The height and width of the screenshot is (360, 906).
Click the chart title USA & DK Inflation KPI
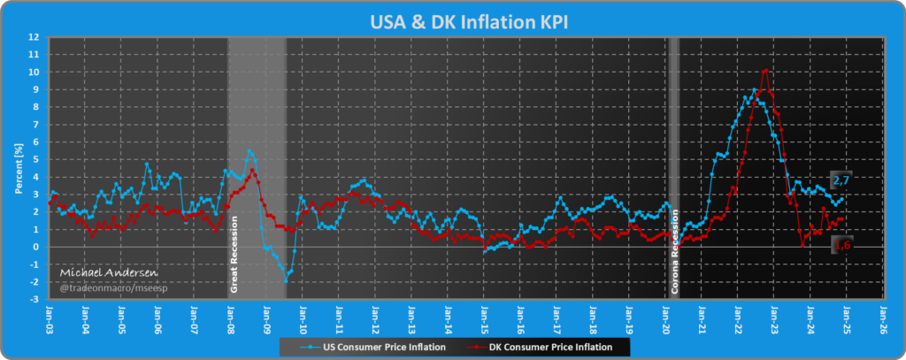[453, 19]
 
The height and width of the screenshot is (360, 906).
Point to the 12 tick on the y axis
[34, 37]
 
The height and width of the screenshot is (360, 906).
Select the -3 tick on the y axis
[34, 299]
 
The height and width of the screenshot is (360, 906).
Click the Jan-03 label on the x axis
[49, 317]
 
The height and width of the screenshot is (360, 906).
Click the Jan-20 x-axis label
[665, 317]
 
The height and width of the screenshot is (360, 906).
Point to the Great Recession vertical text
[235, 253]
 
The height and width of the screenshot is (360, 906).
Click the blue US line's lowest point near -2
[286, 280]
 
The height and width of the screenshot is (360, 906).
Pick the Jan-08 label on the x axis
[230, 317]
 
